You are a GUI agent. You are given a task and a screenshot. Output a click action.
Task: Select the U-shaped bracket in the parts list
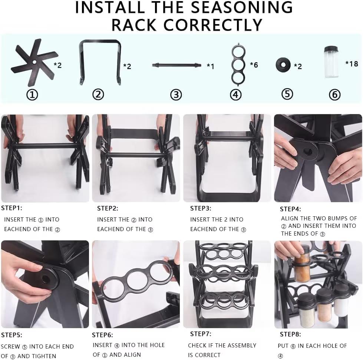[x=100, y=61]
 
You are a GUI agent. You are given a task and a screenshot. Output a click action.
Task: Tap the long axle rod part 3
[x=176, y=65]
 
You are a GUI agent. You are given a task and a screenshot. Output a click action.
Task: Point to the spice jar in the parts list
[x=331, y=62]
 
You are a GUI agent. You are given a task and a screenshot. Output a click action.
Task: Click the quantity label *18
[x=352, y=64]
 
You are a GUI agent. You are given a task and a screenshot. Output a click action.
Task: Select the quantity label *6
[x=254, y=65]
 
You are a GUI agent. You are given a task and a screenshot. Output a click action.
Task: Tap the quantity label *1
[x=210, y=66]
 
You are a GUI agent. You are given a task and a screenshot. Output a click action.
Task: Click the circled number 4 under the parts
[x=235, y=94]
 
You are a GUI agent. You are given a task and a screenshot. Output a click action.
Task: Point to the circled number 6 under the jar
[x=334, y=95]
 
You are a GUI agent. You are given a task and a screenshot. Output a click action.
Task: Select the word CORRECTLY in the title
[x=213, y=25]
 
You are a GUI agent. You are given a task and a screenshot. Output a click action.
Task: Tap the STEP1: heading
[x=11, y=208]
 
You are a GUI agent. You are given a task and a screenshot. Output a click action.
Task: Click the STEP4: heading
[x=290, y=209]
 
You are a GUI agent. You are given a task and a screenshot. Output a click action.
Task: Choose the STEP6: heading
[x=102, y=335]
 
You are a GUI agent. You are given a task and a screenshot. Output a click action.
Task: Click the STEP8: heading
[x=290, y=334]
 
